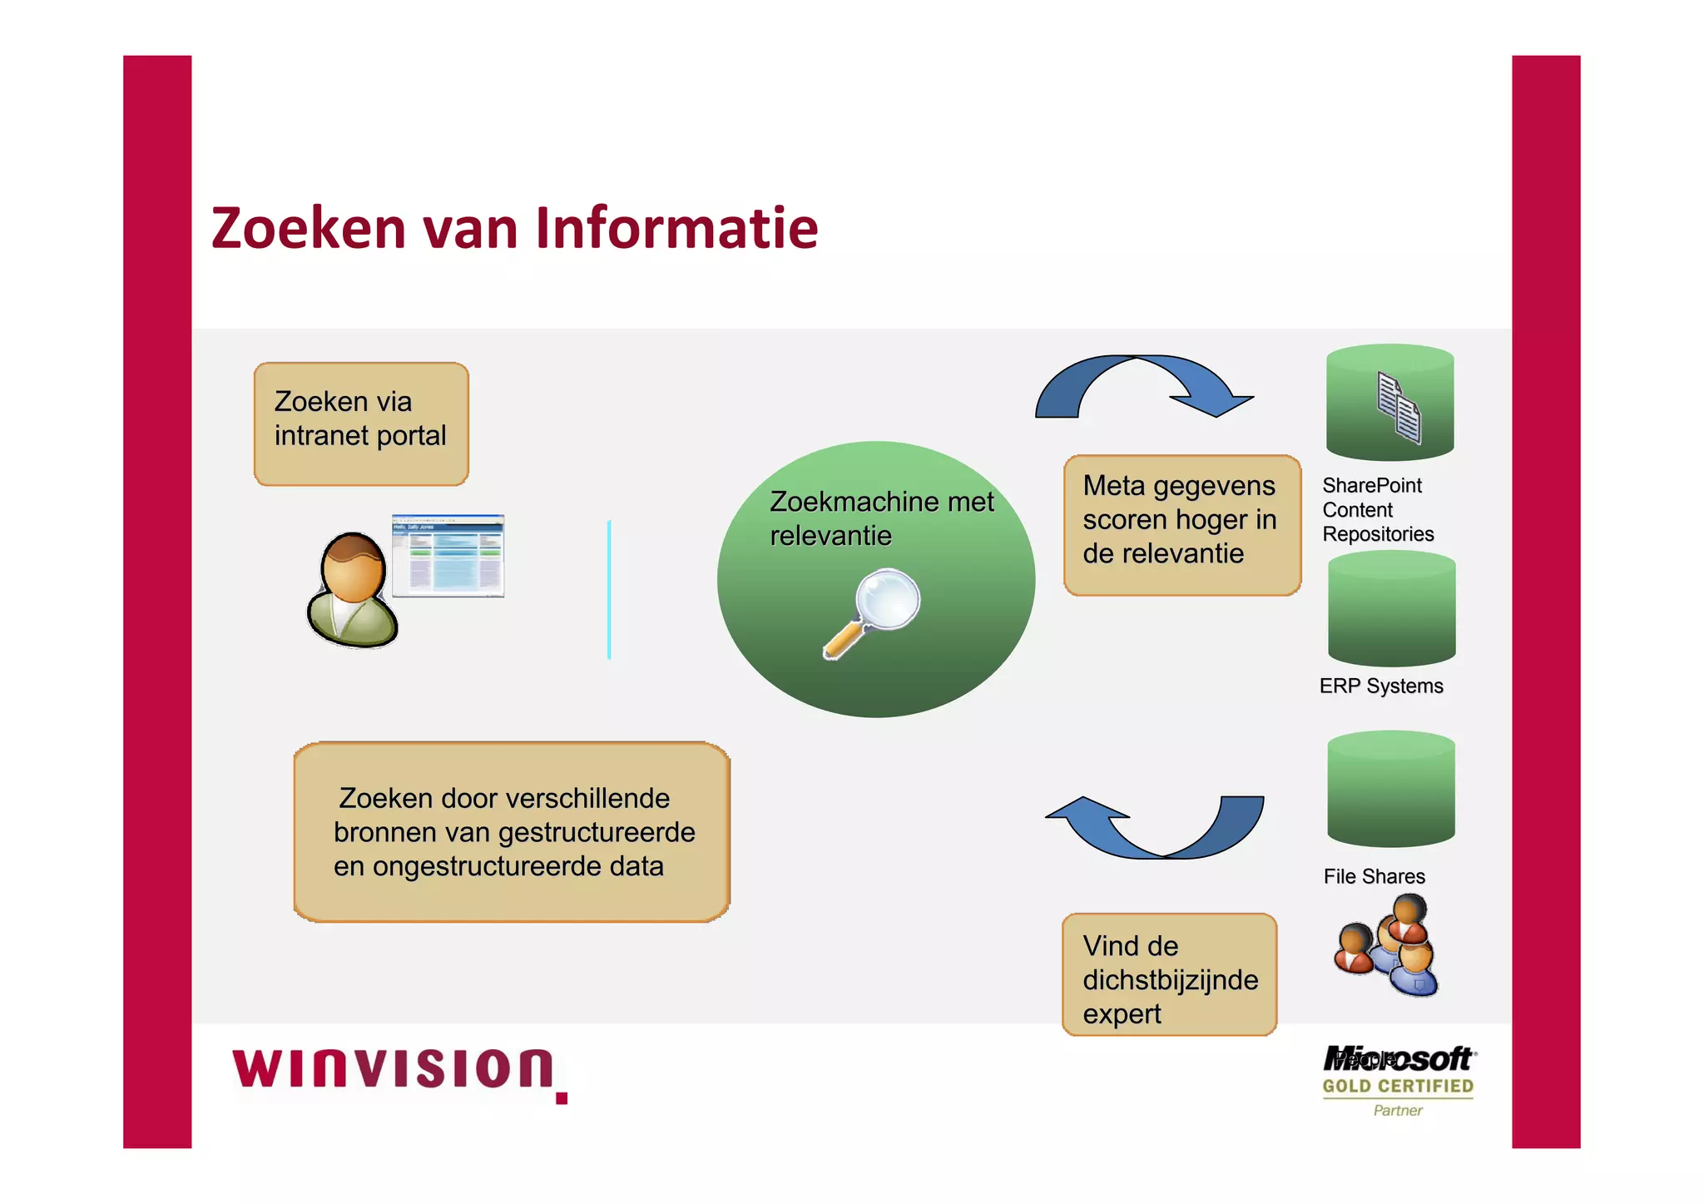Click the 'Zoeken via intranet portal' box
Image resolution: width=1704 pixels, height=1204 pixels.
click(361, 424)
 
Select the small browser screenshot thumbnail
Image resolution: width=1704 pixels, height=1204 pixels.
click(448, 555)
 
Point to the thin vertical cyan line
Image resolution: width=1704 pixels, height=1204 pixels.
click(609, 590)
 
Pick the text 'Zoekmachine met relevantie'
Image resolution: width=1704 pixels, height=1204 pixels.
click(880, 518)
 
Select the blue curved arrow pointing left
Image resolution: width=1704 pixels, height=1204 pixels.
click(1157, 826)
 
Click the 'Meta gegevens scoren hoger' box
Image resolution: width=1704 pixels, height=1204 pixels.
click(1181, 525)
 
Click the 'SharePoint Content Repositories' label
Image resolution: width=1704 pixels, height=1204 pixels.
click(1377, 509)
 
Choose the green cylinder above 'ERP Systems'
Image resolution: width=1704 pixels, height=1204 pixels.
click(1391, 609)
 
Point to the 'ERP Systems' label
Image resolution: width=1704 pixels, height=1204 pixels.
click(1380, 686)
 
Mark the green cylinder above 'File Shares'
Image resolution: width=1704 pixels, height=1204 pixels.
click(1390, 789)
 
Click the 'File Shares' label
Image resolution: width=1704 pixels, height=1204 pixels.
click(1374, 876)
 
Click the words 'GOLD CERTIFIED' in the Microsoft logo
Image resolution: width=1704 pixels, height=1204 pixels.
click(1398, 1086)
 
